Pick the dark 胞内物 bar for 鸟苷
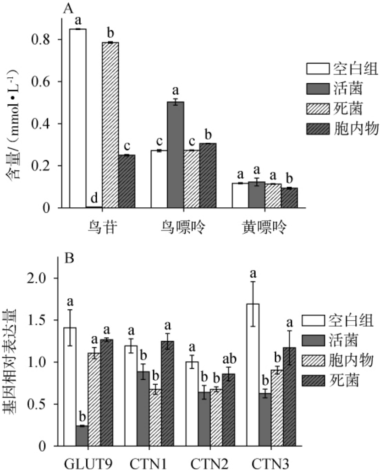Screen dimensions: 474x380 (x=127, y=181)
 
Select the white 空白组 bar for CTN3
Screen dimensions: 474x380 (x=253, y=375)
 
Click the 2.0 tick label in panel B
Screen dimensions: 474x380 (x=44, y=278)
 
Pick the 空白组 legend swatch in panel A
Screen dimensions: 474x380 (x=318, y=70)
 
